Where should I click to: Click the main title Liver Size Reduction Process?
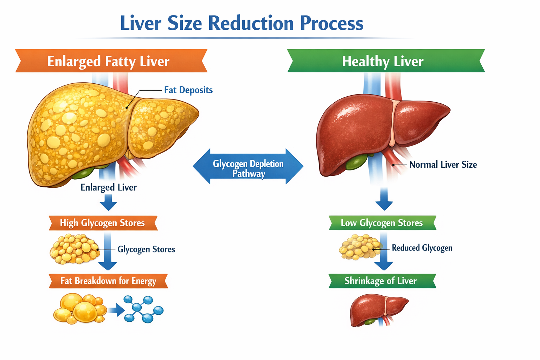(242, 24)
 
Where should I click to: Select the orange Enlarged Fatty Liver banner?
(111, 61)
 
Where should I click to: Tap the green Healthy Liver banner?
(385, 61)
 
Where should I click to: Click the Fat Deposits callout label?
(188, 90)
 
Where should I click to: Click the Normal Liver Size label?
(443, 165)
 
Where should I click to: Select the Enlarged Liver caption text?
(108, 187)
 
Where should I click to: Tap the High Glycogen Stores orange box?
(103, 223)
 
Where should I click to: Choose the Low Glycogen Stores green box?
(382, 223)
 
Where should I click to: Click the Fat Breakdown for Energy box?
(108, 281)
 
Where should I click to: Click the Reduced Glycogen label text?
(422, 248)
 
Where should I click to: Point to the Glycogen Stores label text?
(146, 249)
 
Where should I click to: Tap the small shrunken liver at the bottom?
(378, 309)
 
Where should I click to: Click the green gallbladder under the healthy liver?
(355, 162)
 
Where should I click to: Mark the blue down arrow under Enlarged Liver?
(108, 203)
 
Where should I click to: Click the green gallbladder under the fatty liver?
(84, 173)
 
